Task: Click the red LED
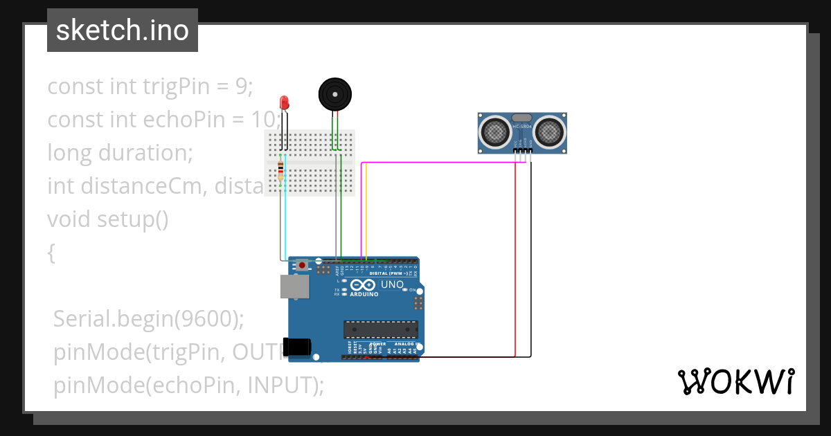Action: [284, 102]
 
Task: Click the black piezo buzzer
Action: [334, 93]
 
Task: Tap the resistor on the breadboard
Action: [280, 170]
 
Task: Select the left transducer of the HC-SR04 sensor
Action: [496, 131]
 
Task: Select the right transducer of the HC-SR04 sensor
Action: [550, 131]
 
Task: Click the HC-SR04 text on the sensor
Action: [523, 127]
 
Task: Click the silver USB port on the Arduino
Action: [294, 286]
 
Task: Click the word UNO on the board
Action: [392, 284]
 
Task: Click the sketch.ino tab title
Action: [123, 30]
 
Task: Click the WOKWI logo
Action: [735, 382]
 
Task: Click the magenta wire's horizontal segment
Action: [436, 163]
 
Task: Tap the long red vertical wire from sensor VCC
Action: [516, 263]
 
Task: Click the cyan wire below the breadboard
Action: [285, 221]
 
